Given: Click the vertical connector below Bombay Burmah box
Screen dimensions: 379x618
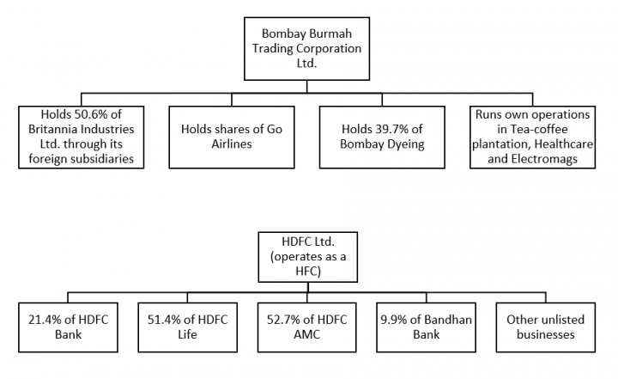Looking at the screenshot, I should [x=307, y=83].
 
